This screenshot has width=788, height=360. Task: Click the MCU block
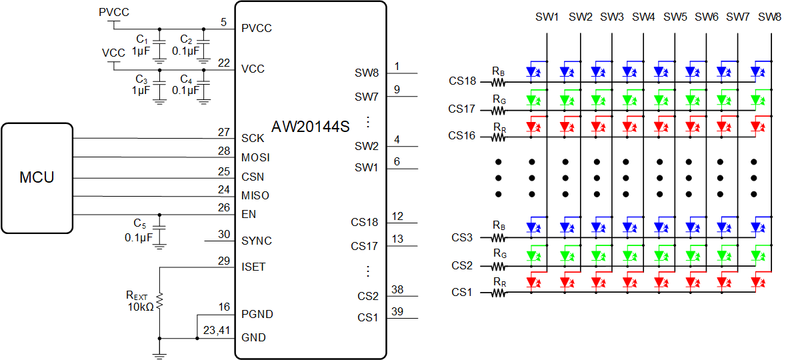click(37, 177)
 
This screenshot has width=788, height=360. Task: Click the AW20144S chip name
click(310, 127)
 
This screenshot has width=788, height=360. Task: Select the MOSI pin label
click(255, 157)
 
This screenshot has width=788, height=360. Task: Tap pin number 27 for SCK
click(223, 132)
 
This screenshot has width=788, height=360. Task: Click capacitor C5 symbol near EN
click(159, 230)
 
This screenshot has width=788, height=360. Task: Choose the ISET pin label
click(253, 267)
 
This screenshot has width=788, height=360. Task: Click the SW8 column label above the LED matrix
click(770, 17)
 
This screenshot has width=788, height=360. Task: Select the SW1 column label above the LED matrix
click(547, 17)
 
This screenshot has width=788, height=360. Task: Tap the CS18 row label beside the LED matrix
click(462, 81)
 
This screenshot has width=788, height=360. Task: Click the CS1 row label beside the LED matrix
click(461, 292)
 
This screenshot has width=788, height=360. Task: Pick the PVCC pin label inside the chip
click(257, 29)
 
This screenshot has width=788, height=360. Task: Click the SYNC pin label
click(257, 241)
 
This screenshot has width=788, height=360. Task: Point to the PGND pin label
click(257, 314)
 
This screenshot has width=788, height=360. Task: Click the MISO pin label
click(255, 195)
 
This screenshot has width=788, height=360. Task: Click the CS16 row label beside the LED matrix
click(462, 135)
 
